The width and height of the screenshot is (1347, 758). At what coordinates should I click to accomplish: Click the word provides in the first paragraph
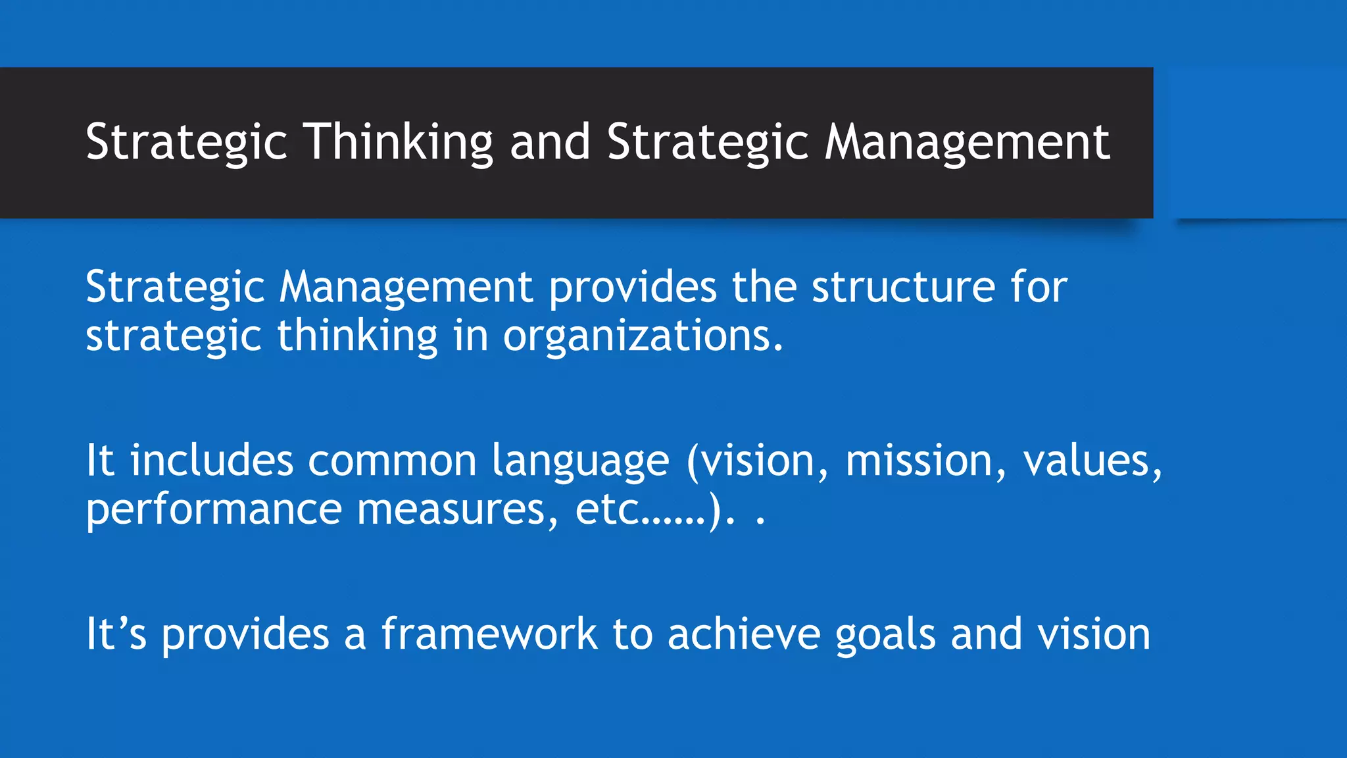pyautogui.click(x=632, y=288)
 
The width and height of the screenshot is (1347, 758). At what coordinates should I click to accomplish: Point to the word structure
pyautogui.click(x=903, y=288)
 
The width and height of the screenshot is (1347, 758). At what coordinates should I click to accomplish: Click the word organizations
pyautogui.click(x=643, y=336)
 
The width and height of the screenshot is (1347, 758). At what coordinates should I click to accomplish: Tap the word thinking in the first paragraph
pyautogui.click(x=357, y=336)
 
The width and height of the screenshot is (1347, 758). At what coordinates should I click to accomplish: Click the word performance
pyautogui.click(x=214, y=509)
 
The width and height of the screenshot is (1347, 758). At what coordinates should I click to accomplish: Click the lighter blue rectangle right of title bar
pyautogui.click(x=1256, y=142)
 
